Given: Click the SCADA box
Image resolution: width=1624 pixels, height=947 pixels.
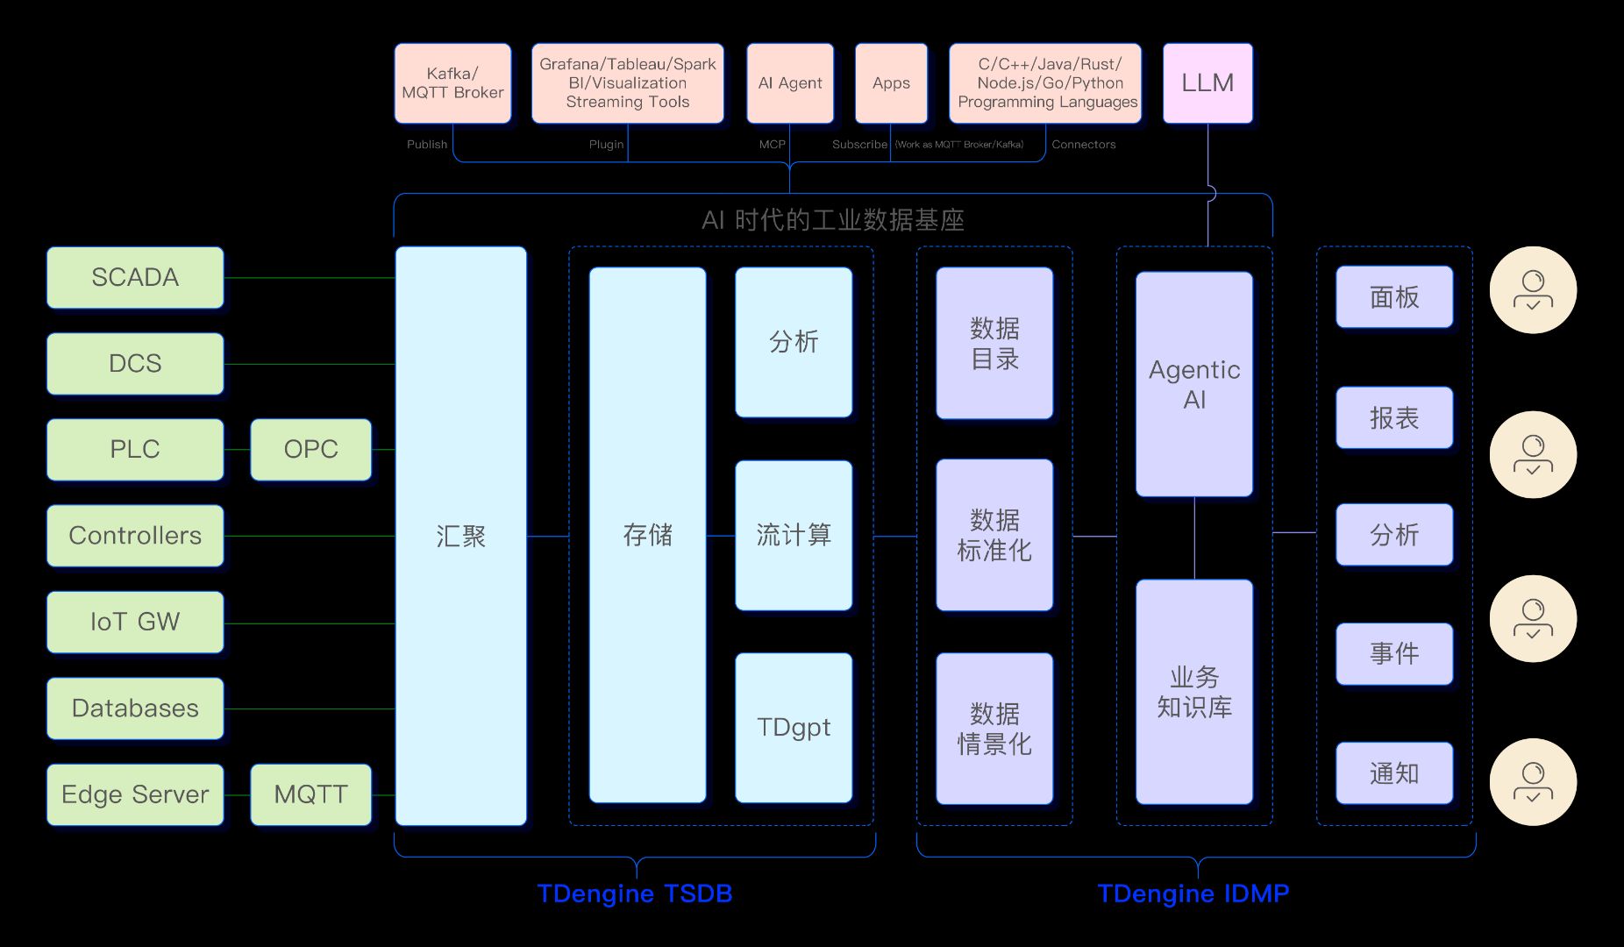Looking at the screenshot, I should click(x=135, y=277).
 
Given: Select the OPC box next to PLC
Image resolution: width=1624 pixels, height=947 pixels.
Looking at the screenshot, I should click(x=310, y=449).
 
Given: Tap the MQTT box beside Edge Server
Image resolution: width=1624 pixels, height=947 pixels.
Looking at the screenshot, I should click(x=310, y=794).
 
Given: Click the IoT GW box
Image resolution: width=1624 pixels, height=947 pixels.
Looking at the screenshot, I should click(x=135, y=622).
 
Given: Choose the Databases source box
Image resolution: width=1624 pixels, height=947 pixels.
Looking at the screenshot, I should click(x=135, y=708).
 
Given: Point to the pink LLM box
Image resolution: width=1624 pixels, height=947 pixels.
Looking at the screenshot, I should click(x=1207, y=82).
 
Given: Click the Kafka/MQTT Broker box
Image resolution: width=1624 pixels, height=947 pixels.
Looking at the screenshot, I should click(x=452, y=82).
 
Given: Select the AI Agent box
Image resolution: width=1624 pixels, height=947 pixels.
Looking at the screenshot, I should click(x=789, y=82).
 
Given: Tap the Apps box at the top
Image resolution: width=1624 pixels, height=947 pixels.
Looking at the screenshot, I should click(x=891, y=82).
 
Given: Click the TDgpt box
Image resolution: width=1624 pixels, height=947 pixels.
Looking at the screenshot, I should click(x=794, y=727).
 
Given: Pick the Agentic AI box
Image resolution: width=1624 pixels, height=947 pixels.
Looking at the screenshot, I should click(x=1194, y=384).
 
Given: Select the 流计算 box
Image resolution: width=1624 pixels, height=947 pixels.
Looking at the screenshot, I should click(x=794, y=535).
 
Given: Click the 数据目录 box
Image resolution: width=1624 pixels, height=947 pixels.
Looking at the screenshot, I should click(x=994, y=343).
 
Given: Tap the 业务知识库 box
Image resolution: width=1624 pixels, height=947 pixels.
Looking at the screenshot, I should click(x=1194, y=691).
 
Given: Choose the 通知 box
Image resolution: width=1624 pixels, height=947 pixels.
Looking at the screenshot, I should click(x=1394, y=773).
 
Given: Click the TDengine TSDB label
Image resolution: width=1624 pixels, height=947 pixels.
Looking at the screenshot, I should click(x=635, y=894).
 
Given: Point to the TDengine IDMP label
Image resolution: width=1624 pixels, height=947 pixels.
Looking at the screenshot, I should click(x=1193, y=894).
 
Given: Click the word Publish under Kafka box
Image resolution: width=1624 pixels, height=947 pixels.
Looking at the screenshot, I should click(x=427, y=145).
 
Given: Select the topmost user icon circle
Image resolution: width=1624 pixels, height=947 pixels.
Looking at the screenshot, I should click(x=1533, y=289).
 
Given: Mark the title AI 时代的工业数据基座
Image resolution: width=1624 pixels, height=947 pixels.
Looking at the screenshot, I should click(x=832, y=219).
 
